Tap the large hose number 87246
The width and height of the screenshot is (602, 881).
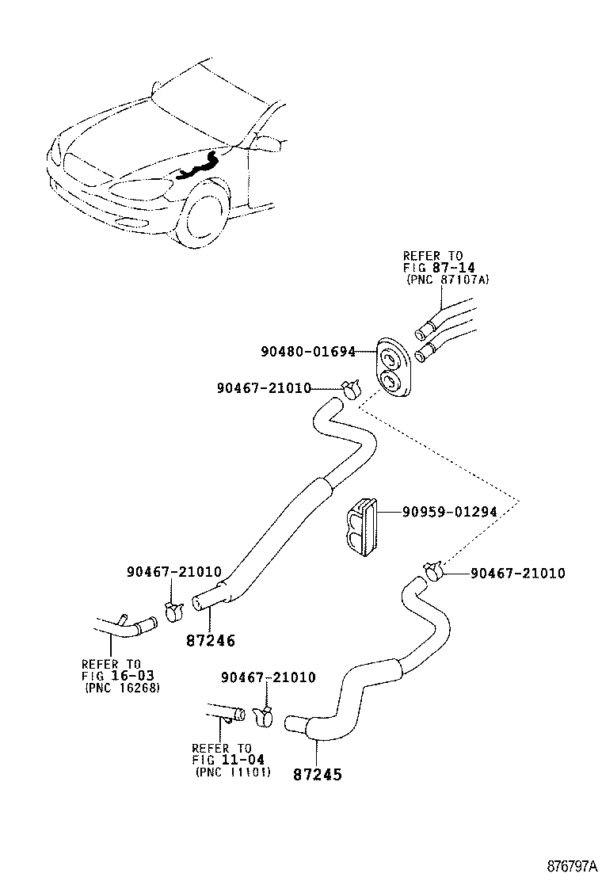210,640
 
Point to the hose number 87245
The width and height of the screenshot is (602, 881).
317,774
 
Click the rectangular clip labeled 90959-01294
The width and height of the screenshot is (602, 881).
361,526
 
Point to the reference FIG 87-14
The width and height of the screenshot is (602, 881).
432,268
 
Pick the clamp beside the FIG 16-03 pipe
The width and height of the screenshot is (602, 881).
173,609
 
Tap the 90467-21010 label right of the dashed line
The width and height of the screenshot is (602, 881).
518,573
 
